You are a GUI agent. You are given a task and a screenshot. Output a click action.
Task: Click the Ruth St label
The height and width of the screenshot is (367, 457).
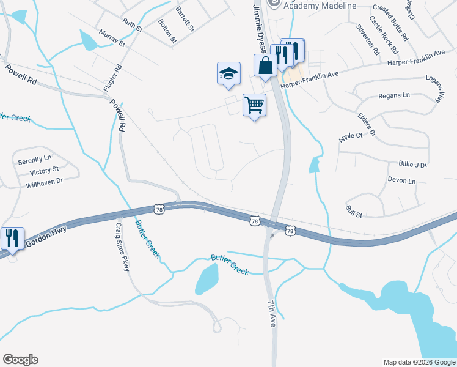tap(132, 24)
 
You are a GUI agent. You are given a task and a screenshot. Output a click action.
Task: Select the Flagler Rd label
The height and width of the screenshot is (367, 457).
tap(114, 77)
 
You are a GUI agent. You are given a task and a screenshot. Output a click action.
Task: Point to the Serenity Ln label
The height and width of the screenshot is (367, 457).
tap(35, 160)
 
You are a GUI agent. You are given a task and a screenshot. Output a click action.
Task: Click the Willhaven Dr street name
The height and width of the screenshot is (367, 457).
tap(44, 182)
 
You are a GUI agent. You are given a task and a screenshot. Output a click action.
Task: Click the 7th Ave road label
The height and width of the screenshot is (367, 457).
tap(271, 314)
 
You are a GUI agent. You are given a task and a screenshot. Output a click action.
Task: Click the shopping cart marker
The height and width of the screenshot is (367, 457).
tap(254, 105)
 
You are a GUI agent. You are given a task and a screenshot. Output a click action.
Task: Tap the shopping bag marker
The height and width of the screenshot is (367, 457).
tap(266, 65)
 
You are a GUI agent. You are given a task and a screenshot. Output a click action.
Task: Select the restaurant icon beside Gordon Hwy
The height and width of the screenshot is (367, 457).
tap(12, 239)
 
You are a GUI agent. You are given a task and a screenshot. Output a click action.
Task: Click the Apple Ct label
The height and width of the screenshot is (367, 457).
tap(350, 134)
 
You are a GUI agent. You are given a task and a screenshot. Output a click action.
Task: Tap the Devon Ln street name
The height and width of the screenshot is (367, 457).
tap(401, 181)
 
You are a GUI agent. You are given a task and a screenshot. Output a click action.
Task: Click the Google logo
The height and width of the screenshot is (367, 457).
tap(20, 360)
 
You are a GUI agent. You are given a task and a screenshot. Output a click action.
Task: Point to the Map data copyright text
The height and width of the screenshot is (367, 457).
tap(419, 361)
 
